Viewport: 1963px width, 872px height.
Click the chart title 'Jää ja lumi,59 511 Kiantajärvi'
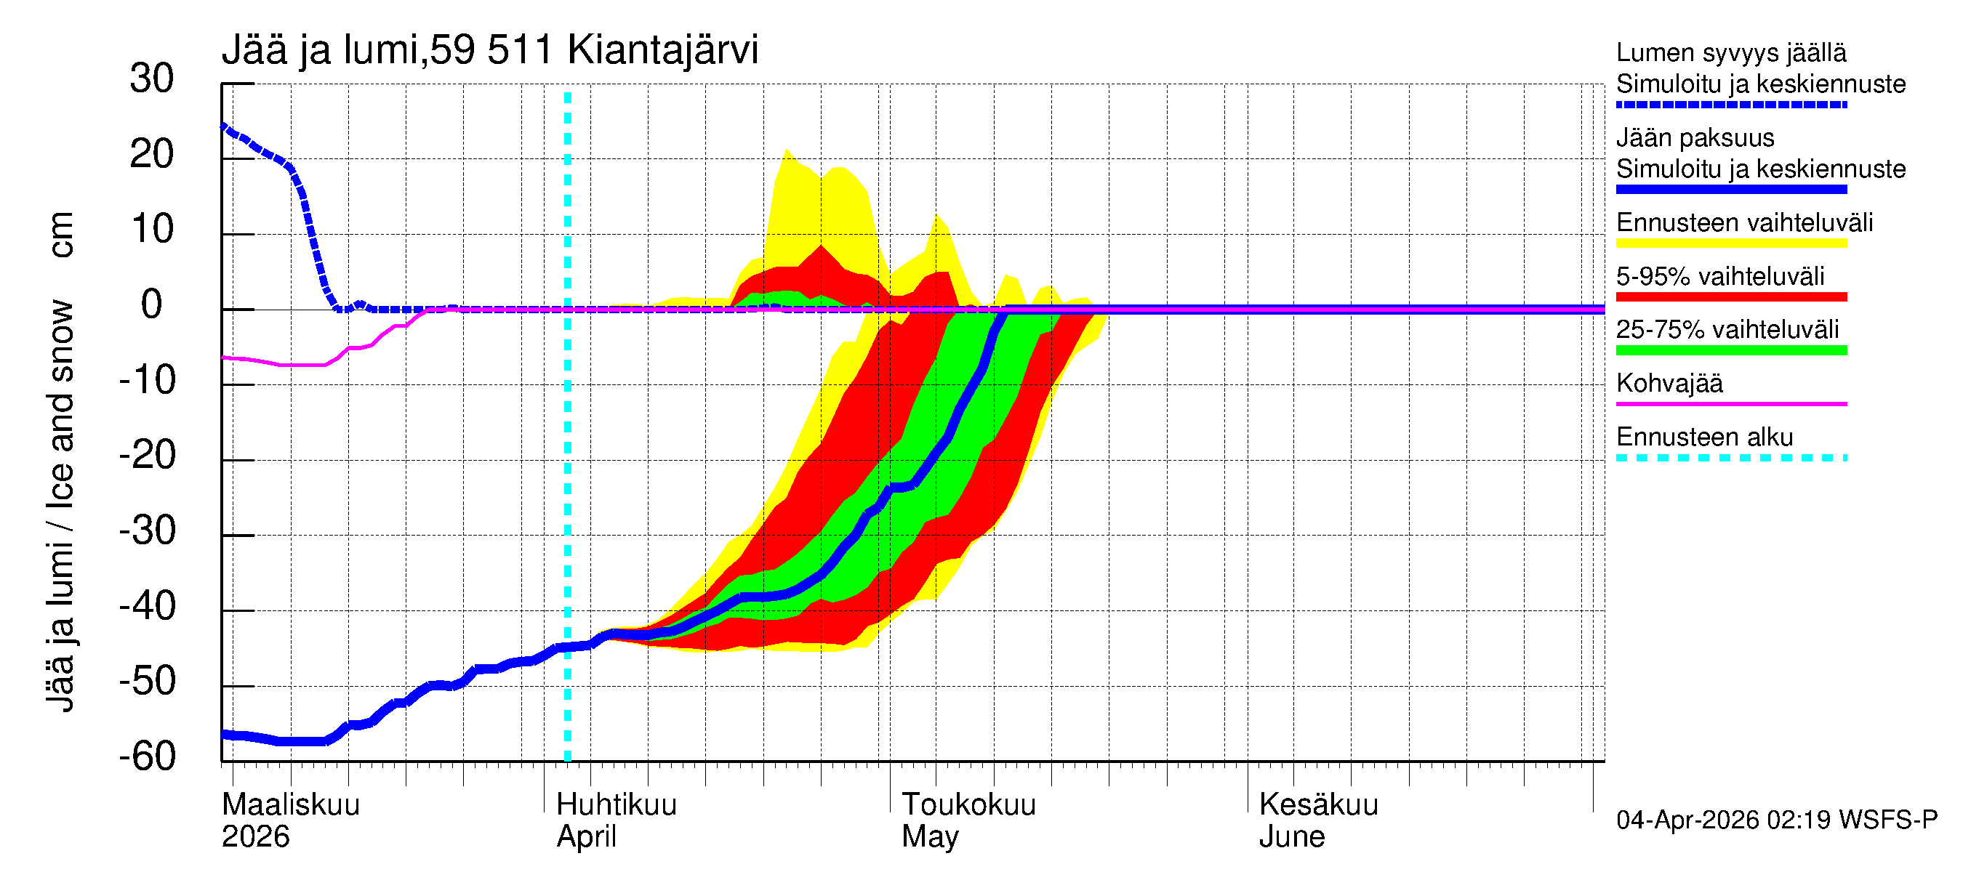489,50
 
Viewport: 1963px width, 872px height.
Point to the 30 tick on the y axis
152,79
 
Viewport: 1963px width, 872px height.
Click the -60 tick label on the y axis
147,757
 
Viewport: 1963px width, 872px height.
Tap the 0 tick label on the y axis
152,305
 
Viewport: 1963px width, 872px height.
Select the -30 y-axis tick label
147,530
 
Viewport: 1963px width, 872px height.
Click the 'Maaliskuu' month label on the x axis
290,805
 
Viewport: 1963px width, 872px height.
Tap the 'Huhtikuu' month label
616,805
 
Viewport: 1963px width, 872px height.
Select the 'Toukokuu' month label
968,805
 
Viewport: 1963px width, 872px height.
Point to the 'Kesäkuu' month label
1318,805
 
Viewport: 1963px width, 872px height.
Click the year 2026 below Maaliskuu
255,837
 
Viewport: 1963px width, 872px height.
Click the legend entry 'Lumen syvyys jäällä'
1730,53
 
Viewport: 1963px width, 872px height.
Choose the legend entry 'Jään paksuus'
1695,138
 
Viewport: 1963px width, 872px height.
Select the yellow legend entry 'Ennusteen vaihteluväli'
1744,223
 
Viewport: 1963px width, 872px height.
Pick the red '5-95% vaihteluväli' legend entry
1720,276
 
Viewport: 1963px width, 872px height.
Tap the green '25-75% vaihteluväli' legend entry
1727,330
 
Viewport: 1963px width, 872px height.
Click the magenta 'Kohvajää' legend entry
1669,384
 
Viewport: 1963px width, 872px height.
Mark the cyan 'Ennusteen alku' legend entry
1704,438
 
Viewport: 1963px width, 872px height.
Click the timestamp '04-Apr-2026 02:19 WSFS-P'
1776,820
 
